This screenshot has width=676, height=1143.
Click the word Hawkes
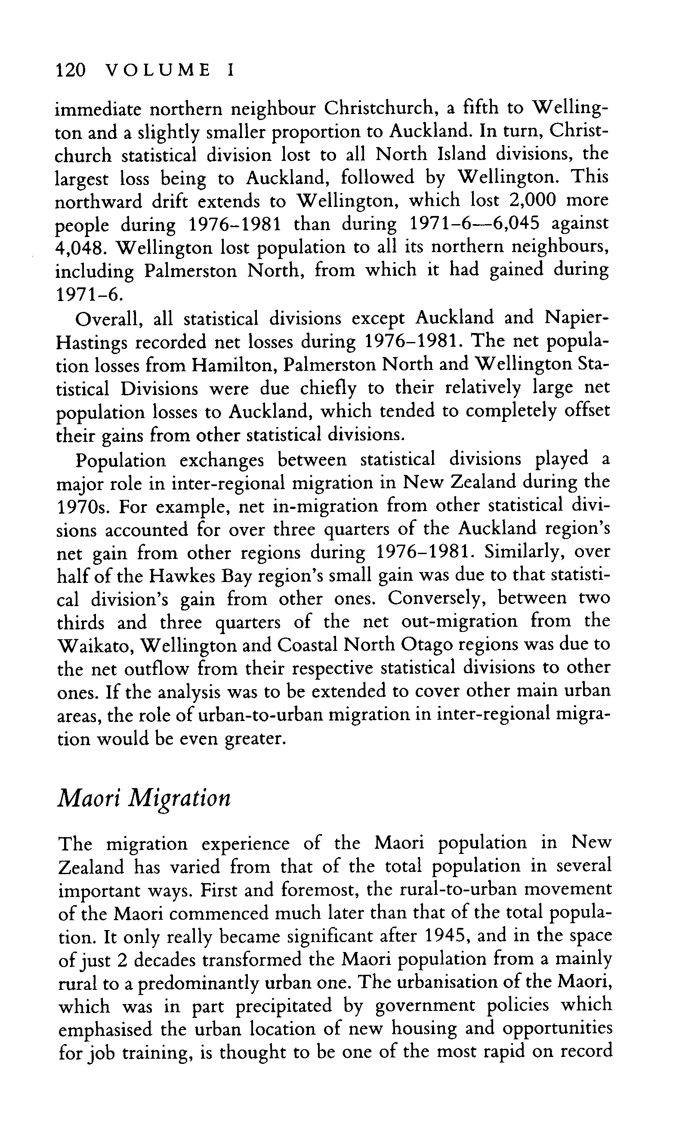pos(181,576)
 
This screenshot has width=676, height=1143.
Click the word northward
pos(96,201)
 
